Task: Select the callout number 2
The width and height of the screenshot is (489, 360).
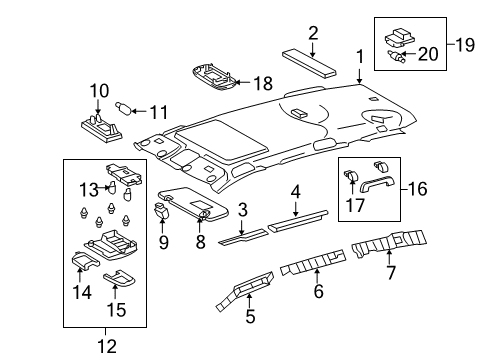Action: point(313,32)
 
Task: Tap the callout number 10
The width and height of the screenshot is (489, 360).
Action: point(98,91)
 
